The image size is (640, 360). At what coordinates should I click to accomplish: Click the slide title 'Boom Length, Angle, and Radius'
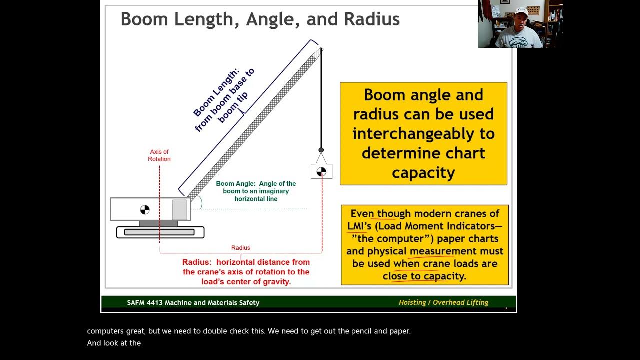tap(260, 19)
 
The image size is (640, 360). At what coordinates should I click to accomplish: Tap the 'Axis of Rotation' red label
tap(159, 155)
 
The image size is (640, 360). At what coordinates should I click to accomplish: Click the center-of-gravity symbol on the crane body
tap(145, 209)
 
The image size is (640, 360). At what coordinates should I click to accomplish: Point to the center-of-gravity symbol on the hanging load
tap(321, 172)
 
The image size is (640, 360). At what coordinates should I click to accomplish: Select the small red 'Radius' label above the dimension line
tap(240, 248)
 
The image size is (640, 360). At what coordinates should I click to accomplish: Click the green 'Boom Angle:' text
tap(235, 184)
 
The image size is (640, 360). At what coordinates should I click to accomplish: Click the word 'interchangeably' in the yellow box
tap(423, 134)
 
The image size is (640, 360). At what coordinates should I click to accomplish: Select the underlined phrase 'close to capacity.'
tap(424, 276)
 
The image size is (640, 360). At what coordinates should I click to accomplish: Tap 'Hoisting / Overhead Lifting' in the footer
tap(443, 302)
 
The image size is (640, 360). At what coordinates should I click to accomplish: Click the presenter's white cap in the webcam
tap(522, 11)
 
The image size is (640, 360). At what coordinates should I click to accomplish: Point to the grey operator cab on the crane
tap(179, 209)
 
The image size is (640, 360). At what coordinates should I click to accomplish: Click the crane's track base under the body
tap(160, 232)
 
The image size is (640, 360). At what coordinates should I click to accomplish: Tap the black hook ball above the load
tap(321, 150)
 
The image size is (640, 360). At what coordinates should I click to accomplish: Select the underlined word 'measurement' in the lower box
tap(443, 251)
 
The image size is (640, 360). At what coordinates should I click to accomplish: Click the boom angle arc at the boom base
tap(200, 202)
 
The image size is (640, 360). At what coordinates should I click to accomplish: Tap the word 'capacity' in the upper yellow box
tap(423, 173)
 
